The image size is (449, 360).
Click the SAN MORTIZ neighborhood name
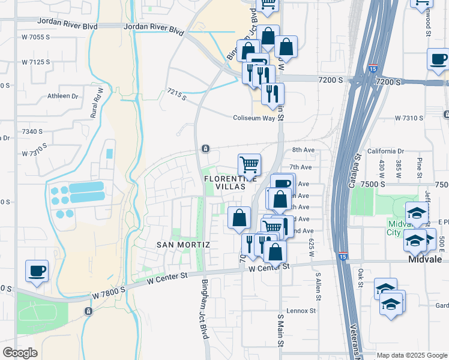(x=183, y=245)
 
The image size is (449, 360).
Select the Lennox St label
(x=301, y=311)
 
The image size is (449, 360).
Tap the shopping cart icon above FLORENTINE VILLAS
(x=249, y=163)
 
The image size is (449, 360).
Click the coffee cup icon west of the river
(x=37, y=270)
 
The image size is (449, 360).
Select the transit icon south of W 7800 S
(x=89, y=311)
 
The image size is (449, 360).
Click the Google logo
(x=20, y=353)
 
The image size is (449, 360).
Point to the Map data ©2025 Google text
(x=412, y=355)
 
